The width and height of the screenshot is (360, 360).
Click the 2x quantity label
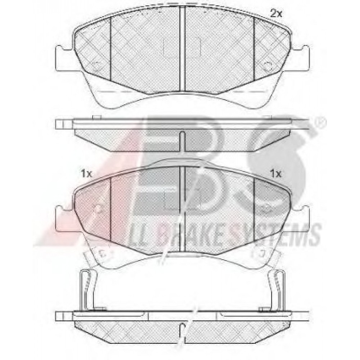[276, 14]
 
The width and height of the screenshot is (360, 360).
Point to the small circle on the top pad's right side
[267, 65]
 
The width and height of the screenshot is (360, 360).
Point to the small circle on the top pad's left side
[98, 65]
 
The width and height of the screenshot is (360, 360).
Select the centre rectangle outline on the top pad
[182, 47]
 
